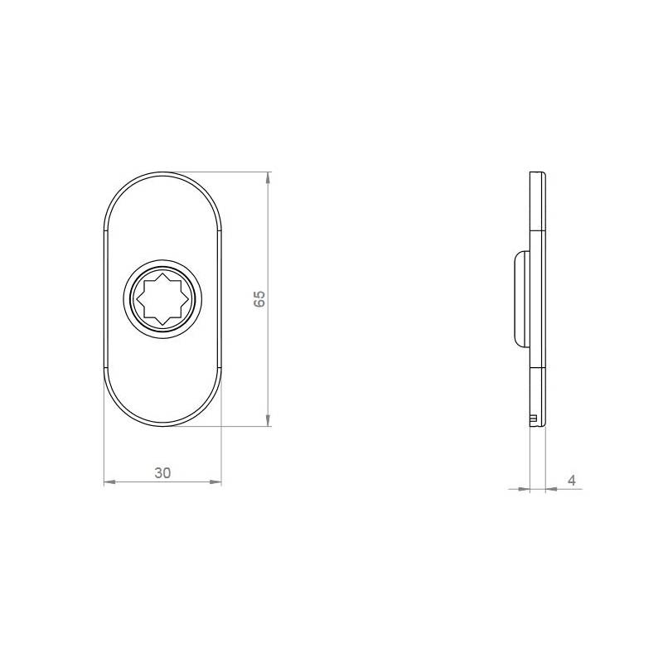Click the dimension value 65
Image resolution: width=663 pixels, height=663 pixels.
259,299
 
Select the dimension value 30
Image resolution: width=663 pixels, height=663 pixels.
162,473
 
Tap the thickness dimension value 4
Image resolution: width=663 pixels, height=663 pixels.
571,480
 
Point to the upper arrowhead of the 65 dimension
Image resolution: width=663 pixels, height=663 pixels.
268,177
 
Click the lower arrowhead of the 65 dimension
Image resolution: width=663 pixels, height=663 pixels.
268,421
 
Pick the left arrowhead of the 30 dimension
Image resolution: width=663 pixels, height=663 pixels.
109,482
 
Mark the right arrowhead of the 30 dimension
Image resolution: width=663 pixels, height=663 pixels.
217,482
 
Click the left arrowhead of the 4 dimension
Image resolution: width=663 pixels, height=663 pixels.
524,489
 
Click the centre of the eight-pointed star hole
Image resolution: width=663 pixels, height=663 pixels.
162,299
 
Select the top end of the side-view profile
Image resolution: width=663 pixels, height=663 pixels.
538,174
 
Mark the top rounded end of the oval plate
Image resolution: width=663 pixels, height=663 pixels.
162,175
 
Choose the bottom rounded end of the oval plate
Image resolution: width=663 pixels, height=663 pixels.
162,424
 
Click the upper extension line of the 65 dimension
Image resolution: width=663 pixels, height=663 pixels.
224,172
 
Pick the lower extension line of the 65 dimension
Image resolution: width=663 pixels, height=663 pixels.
224,427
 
